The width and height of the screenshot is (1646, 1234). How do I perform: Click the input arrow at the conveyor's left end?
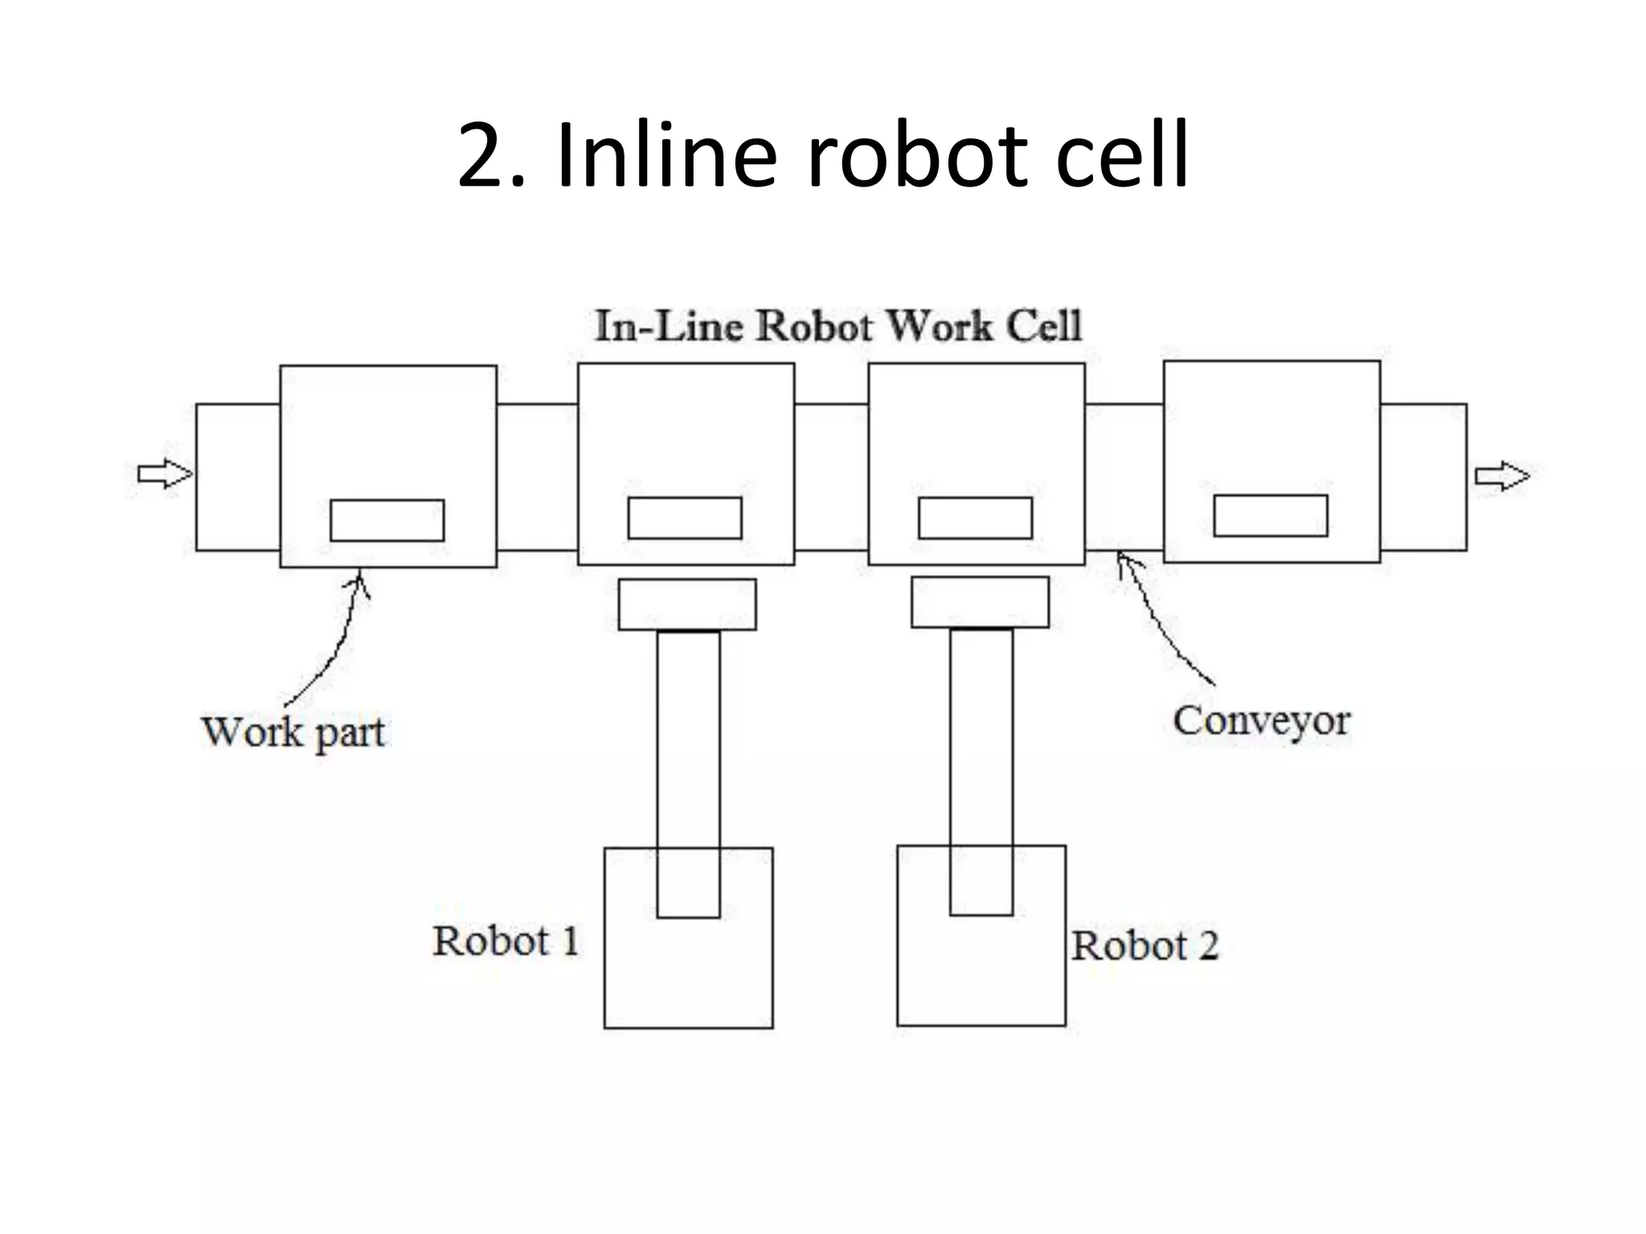click(x=165, y=474)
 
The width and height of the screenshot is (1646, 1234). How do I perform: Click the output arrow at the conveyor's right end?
click(x=1501, y=476)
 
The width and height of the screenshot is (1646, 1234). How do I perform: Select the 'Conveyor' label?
click(x=1260, y=721)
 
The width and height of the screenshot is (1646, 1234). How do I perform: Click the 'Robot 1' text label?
click(x=506, y=941)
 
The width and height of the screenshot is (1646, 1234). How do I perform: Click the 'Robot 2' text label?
click(x=1144, y=946)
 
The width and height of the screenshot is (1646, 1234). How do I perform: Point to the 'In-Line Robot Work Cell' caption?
click(x=838, y=327)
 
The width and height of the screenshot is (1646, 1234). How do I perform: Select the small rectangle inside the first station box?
click(x=387, y=520)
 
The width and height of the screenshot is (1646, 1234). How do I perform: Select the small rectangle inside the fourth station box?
click(x=1270, y=516)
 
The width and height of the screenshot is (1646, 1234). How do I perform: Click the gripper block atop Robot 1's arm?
click(x=687, y=604)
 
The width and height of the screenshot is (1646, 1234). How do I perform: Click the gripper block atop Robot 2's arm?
click(x=980, y=603)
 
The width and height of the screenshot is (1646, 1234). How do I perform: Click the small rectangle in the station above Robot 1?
click(x=684, y=518)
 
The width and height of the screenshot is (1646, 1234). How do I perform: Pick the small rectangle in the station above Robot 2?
click(x=975, y=518)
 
